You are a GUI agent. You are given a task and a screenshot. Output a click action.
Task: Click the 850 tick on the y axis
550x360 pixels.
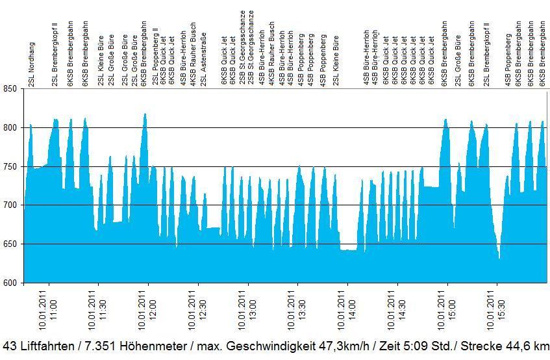[11, 89]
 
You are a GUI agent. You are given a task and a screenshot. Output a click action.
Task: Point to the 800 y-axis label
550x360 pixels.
[11, 128]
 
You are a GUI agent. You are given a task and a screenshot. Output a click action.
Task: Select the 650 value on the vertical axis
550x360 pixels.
[11, 244]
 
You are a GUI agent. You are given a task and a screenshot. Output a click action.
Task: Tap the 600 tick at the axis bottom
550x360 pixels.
[11, 283]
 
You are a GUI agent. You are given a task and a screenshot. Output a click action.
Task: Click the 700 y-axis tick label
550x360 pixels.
[11, 205]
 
